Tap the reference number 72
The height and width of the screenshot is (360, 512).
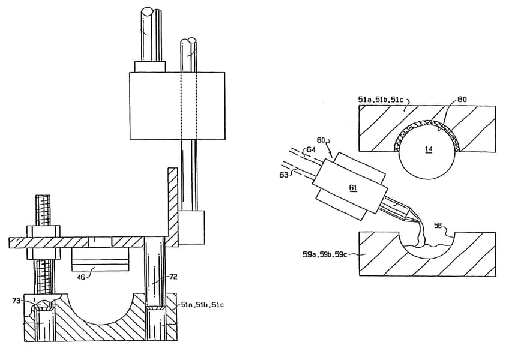click(173, 277)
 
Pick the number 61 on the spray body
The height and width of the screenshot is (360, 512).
click(353, 188)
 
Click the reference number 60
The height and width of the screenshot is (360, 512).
click(321, 140)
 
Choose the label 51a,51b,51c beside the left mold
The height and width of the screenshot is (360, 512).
click(203, 305)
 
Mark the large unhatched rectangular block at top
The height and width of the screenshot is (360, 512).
click(177, 106)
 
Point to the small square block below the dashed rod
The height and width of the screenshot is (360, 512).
click(191, 227)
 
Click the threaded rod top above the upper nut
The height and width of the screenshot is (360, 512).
click(43, 210)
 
